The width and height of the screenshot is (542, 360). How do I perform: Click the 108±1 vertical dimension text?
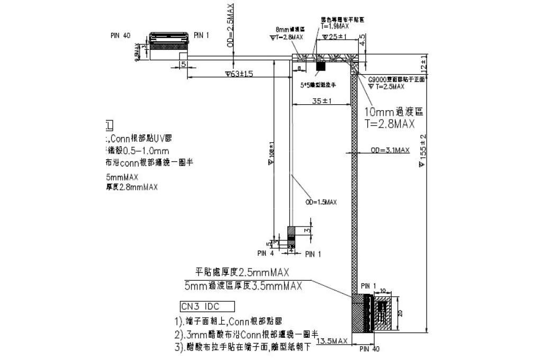click(x=272, y=153)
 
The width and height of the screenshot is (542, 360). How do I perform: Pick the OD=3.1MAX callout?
click(x=391, y=150)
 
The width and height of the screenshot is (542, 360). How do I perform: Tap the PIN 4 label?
click(x=265, y=254)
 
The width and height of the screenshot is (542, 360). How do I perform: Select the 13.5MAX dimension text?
click(x=331, y=341)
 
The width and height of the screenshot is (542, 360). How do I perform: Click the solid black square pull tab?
click(x=321, y=66)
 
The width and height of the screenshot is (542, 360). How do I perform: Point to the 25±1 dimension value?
click(x=335, y=37)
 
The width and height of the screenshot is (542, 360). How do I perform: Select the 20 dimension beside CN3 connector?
click(x=400, y=312)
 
